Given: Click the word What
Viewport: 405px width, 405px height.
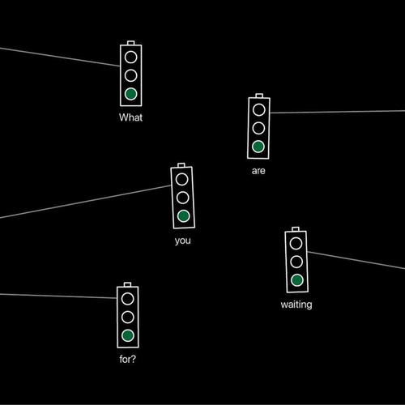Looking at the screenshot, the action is [130, 117].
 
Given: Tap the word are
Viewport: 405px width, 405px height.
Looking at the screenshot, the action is [258, 171].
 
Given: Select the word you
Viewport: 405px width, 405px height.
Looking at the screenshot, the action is [183, 241].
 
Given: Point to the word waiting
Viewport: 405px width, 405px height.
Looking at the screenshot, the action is [296, 305].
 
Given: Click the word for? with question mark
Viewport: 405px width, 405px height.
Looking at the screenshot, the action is [128, 359].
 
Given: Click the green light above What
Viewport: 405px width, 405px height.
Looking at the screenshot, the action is [131, 94].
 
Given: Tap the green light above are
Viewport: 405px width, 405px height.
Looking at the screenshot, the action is [258, 147].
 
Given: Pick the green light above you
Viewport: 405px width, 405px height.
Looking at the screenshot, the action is [184, 216].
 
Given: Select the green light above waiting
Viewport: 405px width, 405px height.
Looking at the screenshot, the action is [297, 280].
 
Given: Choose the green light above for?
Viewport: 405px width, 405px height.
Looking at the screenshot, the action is [128, 335].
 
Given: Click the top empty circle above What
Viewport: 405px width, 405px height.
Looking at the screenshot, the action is [131, 58].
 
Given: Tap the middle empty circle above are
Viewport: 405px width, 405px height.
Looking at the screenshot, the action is [258, 128].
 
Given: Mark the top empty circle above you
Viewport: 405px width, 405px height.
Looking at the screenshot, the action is [182, 179].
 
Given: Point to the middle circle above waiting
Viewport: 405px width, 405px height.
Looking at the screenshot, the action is [296, 262].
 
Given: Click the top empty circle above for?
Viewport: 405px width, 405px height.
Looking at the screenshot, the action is [128, 299].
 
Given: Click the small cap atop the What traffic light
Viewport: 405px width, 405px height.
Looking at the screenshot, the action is [131, 43].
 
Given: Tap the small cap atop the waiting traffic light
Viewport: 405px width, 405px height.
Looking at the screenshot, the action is [296, 229].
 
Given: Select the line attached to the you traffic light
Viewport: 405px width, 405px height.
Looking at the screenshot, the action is [85, 202].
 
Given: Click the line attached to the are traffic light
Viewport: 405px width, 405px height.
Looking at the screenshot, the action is [338, 112].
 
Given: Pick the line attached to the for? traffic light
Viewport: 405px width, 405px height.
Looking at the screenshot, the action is [58, 296].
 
